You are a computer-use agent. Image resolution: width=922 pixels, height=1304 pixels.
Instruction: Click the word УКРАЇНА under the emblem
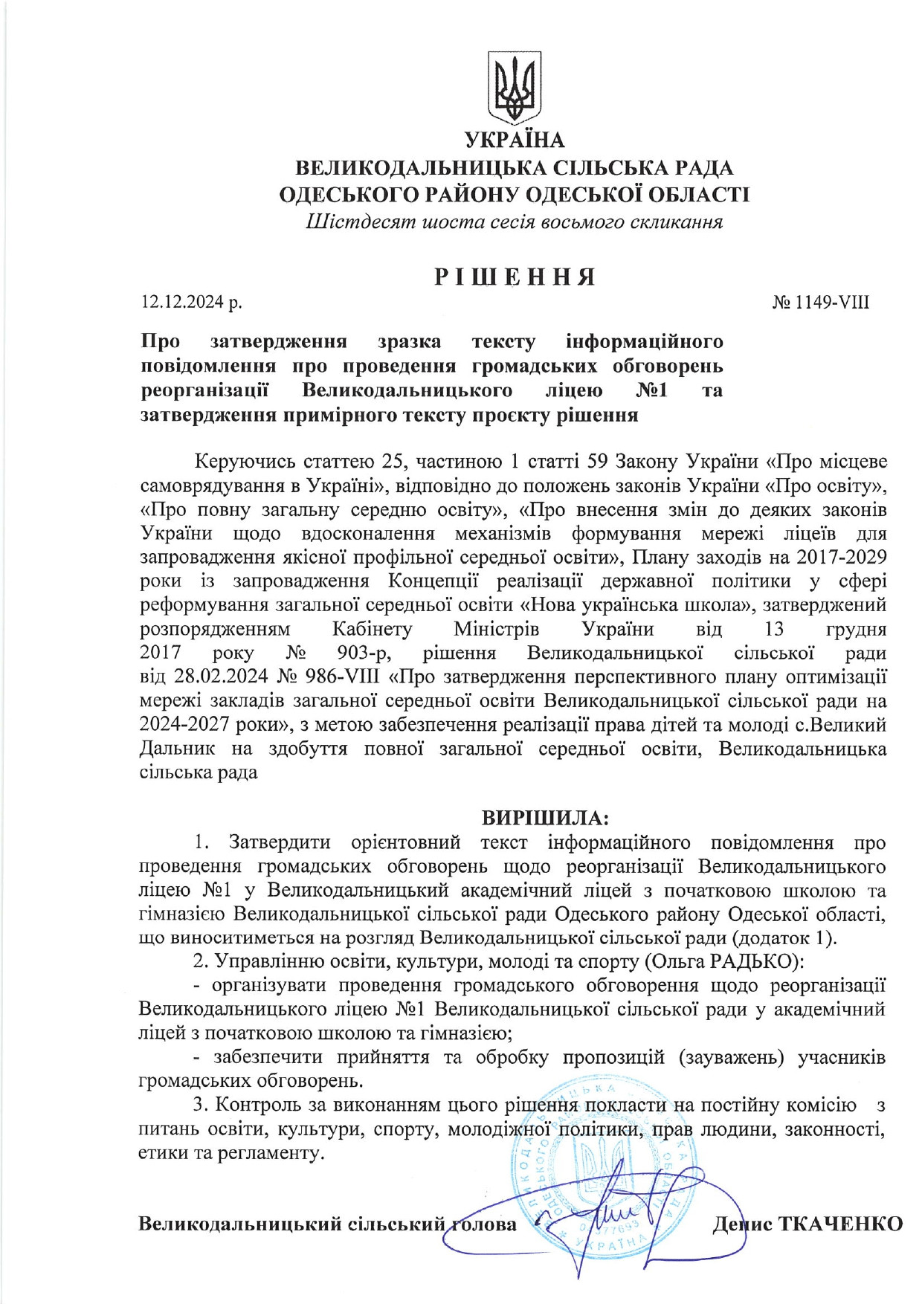coord(515,141)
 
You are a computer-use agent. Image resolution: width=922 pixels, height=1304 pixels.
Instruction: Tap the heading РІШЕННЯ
coord(515,277)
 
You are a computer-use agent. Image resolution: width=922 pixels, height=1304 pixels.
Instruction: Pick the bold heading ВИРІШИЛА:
coord(545,818)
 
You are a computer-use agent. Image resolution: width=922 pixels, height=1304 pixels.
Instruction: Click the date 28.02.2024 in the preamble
coord(213,677)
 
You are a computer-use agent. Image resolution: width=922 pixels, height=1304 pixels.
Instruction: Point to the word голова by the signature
coord(482,1224)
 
